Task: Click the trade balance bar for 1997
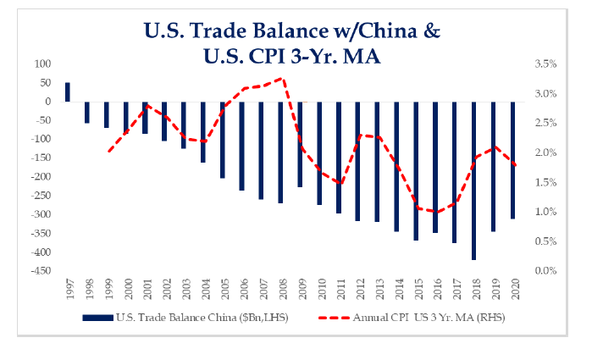pyautogui.click(x=68, y=91)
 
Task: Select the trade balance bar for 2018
pyautogui.click(x=474, y=180)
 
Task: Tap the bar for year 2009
pyautogui.click(x=300, y=144)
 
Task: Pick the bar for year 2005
pyautogui.click(x=223, y=140)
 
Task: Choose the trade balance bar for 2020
pyautogui.click(x=512, y=160)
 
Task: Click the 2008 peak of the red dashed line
pyautogui.click(x=280, y=79)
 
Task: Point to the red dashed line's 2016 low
pyautogui.click(x=435, y=212)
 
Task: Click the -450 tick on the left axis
pyautogui.click(x=40, y=271)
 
